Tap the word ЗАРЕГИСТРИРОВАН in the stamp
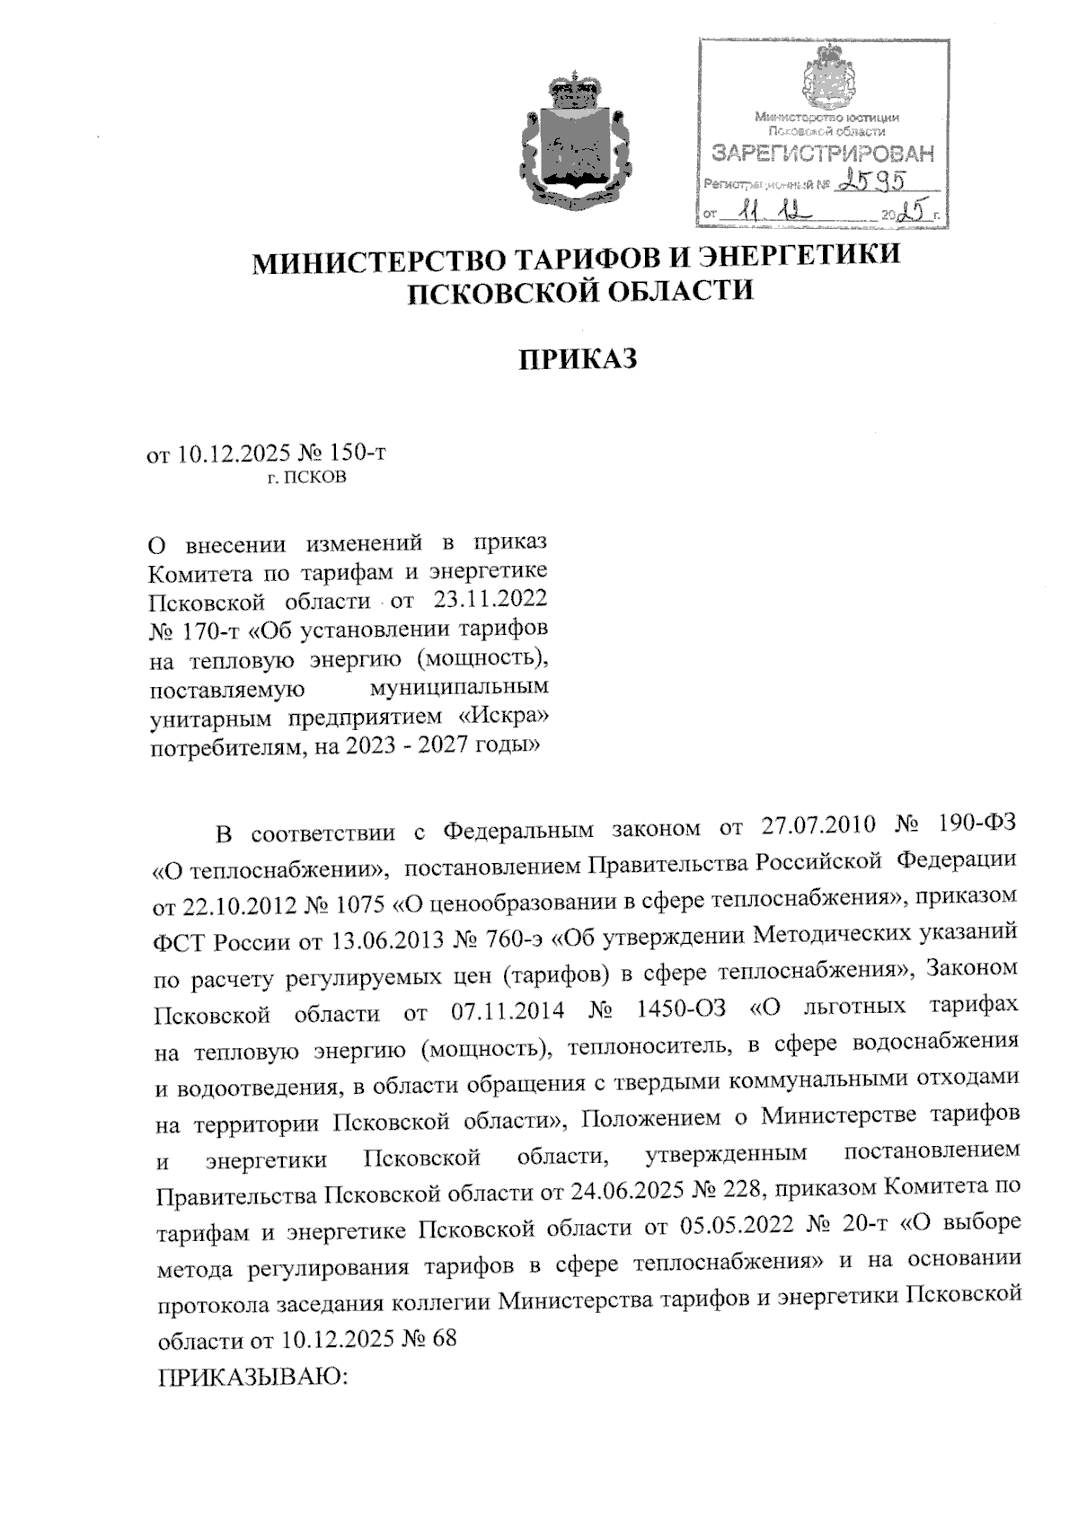tap(822, 154)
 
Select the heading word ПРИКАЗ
tap(579, 359)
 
